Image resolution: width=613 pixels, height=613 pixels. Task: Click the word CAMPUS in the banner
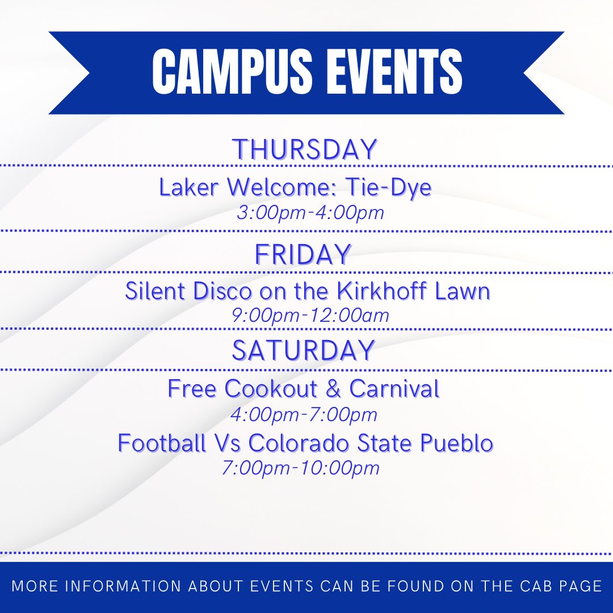click(x=230, y=72)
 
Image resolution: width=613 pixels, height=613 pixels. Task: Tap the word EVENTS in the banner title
click(x=390, y=72)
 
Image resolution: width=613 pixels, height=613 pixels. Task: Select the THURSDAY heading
click(x=305, y=150)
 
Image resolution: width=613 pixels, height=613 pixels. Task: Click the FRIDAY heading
click(x=303, y=254)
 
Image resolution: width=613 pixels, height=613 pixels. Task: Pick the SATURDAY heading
click(x=303, y=350)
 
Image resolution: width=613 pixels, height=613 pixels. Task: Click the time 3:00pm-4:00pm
click(x=310, y=213)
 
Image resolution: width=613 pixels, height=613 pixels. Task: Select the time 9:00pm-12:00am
click(x=310, y=316)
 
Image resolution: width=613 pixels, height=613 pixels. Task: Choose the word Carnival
click(x=394, y=389)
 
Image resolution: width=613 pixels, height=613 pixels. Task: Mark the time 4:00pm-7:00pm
click(x=304, y=414)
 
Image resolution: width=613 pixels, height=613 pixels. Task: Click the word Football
click(x=162, y=443)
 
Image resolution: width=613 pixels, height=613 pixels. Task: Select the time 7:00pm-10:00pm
click(x=301, y=468)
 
